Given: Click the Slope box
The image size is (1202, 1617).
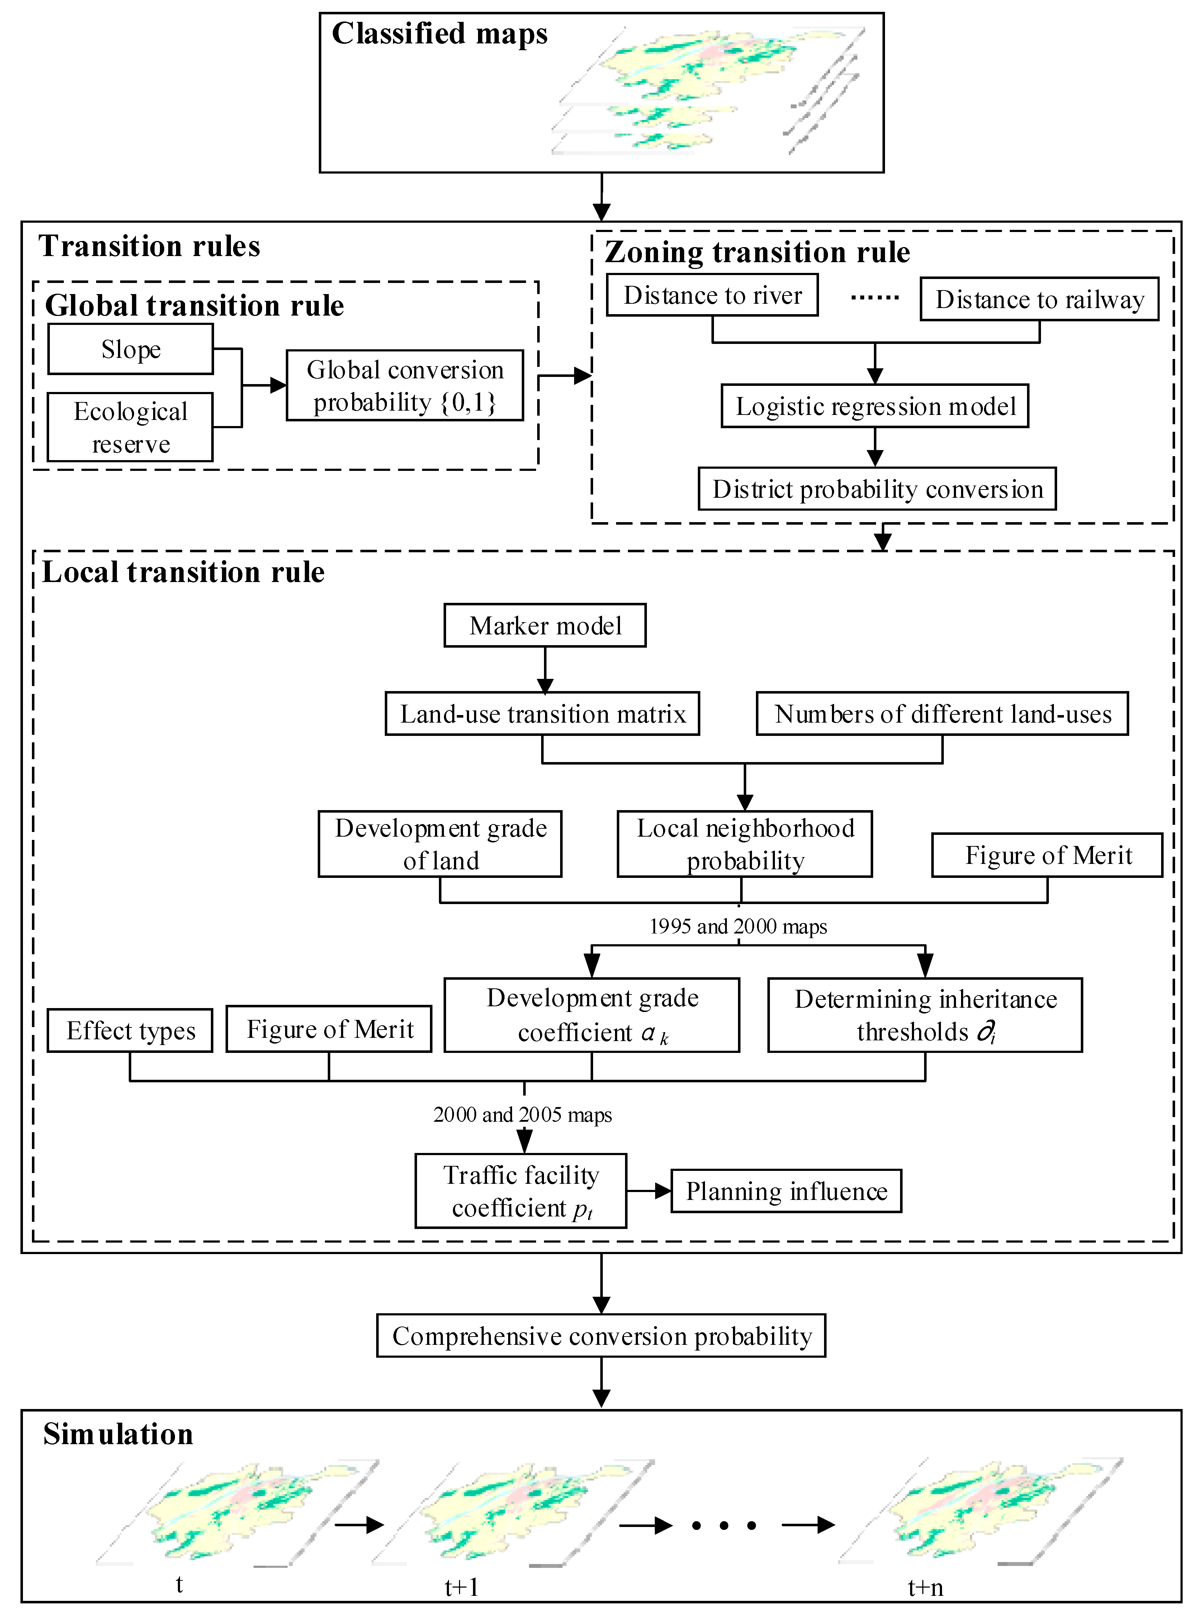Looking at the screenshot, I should pos(130,349).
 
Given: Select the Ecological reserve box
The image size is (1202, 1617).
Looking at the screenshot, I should pos(130,427).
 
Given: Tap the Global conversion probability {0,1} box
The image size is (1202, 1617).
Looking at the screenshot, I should pos(404,386).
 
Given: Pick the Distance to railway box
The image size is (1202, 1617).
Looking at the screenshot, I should pos(1039,299).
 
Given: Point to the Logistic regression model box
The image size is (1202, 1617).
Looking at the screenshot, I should pos(875,406).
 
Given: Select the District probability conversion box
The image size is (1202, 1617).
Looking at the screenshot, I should pos(877,489).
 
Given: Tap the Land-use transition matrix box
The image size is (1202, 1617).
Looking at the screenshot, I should pos(542,714).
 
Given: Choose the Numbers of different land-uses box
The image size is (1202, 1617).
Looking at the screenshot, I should pos(942,714).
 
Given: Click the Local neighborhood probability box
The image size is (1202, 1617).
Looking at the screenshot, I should pos(744,844).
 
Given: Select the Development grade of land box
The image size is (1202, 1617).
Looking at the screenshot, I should pos(440,844).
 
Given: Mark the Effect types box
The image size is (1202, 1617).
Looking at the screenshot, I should pos(130,1030).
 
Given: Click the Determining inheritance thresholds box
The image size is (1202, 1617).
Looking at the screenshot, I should pos(925,1015).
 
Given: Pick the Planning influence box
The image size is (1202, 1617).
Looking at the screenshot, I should pos(786,1191).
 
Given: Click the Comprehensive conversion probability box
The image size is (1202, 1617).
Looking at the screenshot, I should pos(601,1336).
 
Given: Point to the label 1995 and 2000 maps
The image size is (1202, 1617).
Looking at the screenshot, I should pos(738,926).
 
